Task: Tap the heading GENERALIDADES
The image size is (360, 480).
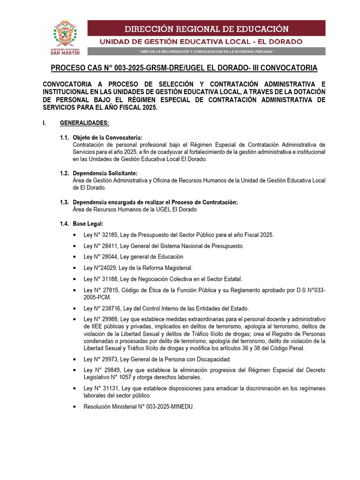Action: (x=84, y=123)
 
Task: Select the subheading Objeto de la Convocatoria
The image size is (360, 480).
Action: (x=107, y=137)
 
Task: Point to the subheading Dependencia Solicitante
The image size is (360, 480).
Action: (x=105, y=173)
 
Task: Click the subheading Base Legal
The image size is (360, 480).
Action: (x=88, y=224)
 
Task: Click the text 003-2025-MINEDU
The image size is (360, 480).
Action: (x=167, y=407)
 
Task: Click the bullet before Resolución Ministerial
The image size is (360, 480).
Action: (x=76, y=407)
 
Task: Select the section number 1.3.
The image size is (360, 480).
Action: (x=64, y=202)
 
